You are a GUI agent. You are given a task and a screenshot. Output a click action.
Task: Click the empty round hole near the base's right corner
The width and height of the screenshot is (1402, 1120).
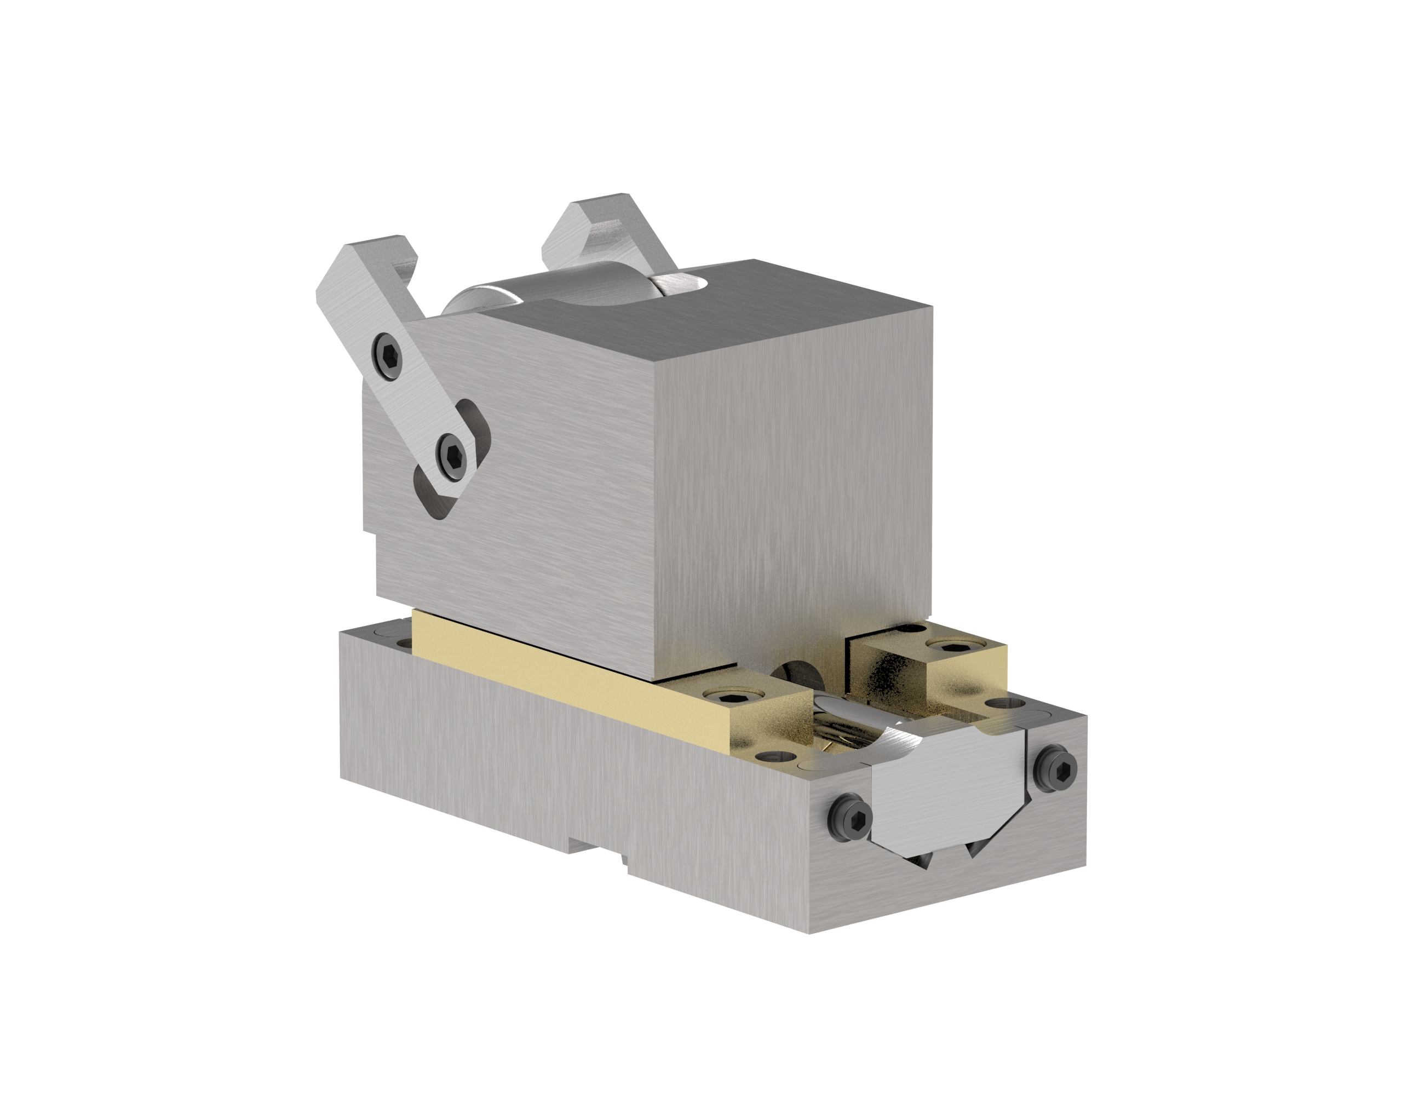[1007, 703]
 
